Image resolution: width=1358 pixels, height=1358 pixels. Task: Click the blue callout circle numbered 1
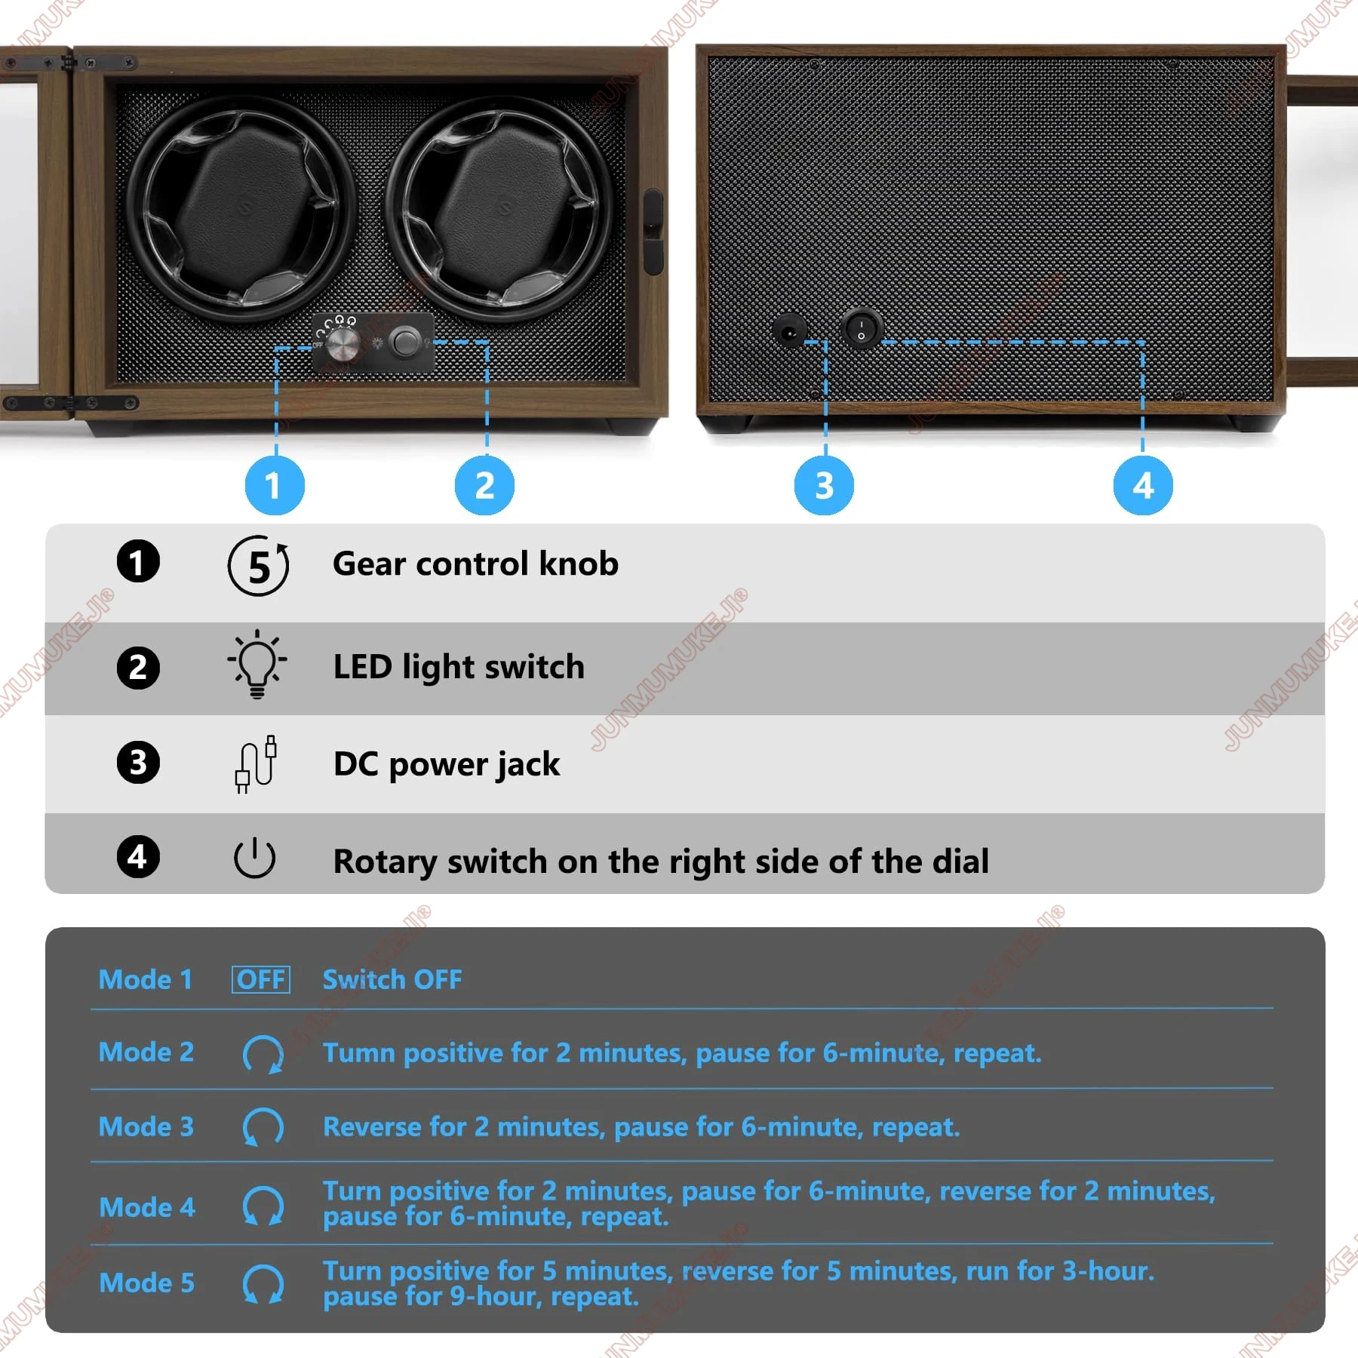tap(275, 485)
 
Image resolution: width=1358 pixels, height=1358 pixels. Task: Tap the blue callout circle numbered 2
tap(485, 485)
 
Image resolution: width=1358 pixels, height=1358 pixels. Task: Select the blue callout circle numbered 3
tap(825, 485)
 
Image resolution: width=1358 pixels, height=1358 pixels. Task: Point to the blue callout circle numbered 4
tap(1143, 485)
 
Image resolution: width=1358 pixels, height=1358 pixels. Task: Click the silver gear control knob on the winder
tap(343, 344)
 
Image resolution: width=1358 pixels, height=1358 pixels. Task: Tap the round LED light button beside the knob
tap(406, 342)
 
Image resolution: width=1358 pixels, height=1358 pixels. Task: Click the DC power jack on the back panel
tap(789, 330)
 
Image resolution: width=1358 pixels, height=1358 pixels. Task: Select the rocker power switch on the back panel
tap(861, 328)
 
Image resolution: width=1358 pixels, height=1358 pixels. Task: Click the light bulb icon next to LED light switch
tap(257, 665)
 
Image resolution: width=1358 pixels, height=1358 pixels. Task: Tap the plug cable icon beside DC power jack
tap(256, 763)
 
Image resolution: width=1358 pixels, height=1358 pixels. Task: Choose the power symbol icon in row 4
tap(255, 858)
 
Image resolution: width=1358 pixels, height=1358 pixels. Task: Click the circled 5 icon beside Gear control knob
tap(258, 565)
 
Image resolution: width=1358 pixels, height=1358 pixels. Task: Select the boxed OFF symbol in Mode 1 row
tap(260, 979)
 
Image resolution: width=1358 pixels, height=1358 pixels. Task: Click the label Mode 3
tap(146, 1126)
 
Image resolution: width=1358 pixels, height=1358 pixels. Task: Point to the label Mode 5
tap(146, 1283)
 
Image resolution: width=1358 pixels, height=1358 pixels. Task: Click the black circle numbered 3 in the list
tap(138, 762)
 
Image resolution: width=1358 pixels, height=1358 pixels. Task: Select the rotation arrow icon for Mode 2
tap(263, 1053)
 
